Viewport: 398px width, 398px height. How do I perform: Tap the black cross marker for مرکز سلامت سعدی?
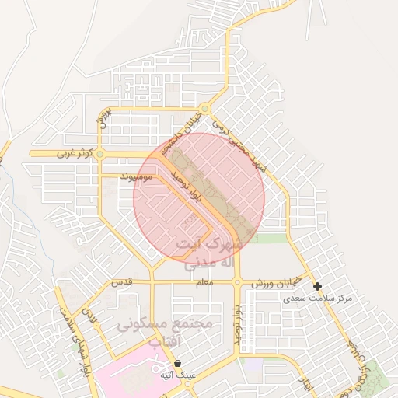pos(317,287)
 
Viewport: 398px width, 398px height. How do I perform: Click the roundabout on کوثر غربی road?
pos(99,155)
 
